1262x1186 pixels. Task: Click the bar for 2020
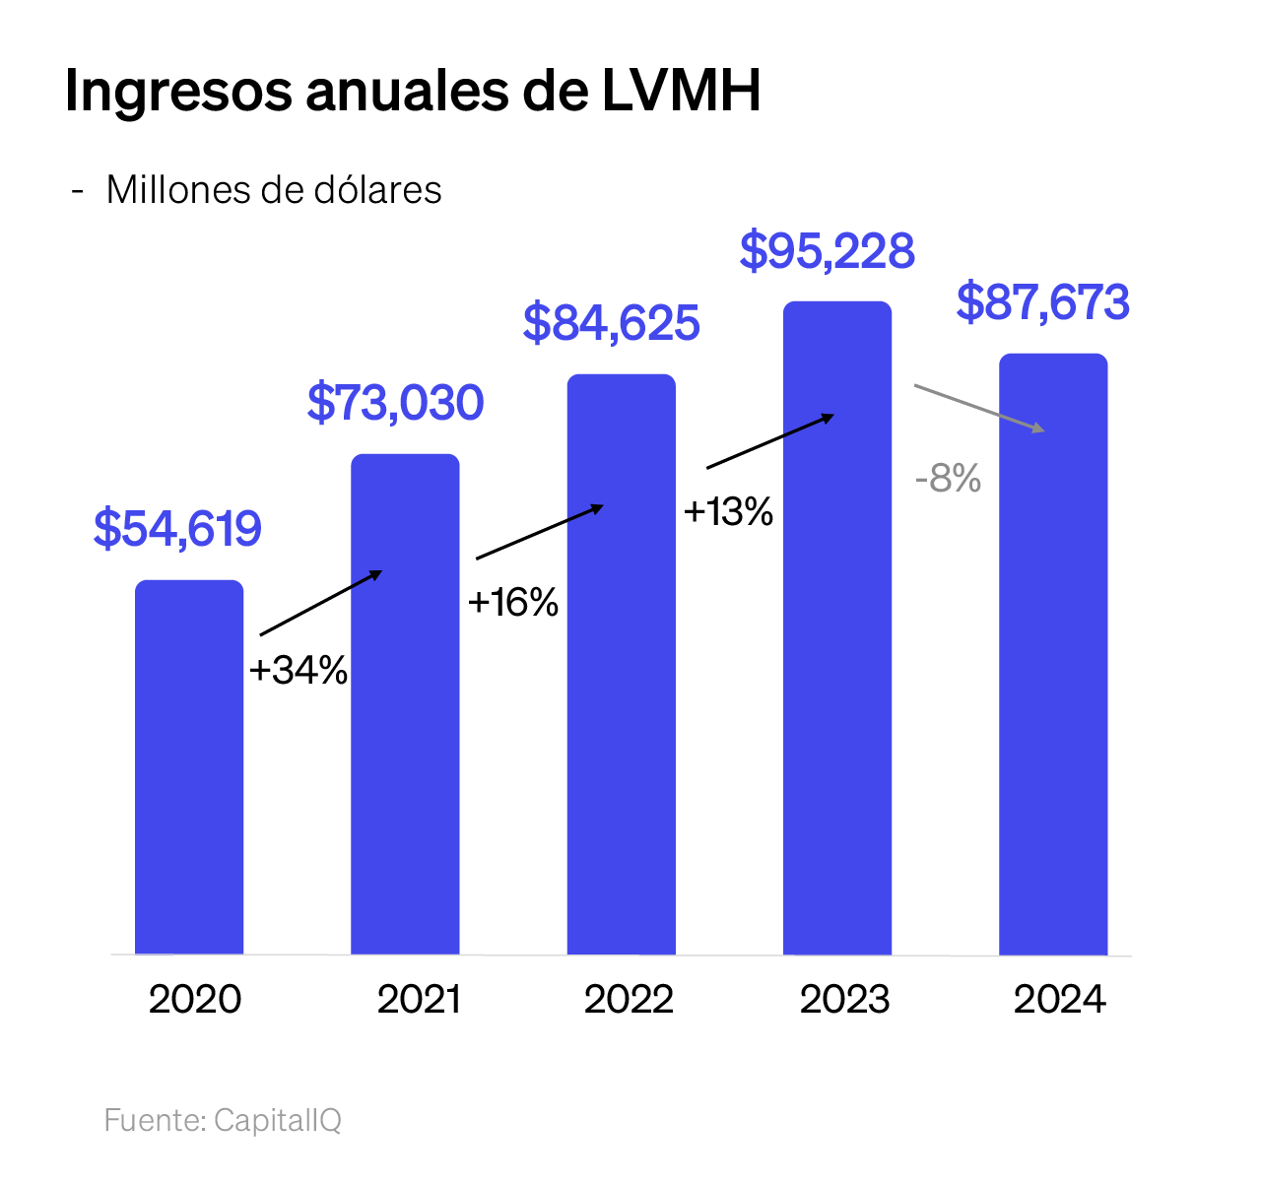coord(189,767)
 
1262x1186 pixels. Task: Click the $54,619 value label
coord(178,529)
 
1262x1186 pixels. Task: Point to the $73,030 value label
coord(396,403)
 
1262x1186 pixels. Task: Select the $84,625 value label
coord(612,323)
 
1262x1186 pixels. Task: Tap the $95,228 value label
coord(828,251)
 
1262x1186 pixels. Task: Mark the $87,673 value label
coord(1043,302)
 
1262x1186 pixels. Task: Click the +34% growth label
coord(299,671)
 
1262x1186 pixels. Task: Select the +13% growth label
coord(729,512)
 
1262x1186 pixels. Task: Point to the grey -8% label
coord(949,480)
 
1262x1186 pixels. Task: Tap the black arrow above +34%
coord(321,602)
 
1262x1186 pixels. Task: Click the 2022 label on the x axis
coord(629,1000)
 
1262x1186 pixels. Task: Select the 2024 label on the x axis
coord(1060,1000)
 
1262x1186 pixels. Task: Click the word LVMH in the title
coord(682,92)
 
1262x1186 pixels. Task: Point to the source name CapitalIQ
coord(278,1121)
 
